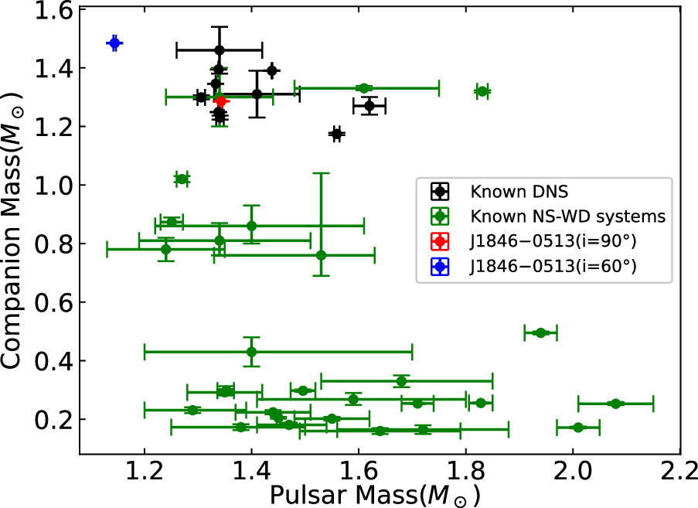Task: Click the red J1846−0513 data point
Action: (x=221, y=101)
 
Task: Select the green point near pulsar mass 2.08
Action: (x=615, y=404)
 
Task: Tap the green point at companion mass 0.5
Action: (x=540, y=332)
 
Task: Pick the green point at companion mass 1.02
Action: (x=182, y=179)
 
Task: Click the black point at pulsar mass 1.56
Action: (x=336, y=134)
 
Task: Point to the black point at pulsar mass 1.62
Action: (x=369, y=105)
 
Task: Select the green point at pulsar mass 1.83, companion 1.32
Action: (x=482, y=91)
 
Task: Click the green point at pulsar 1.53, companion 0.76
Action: (x=321, y=254)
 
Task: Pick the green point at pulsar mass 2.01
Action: (x=577, y=427)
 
